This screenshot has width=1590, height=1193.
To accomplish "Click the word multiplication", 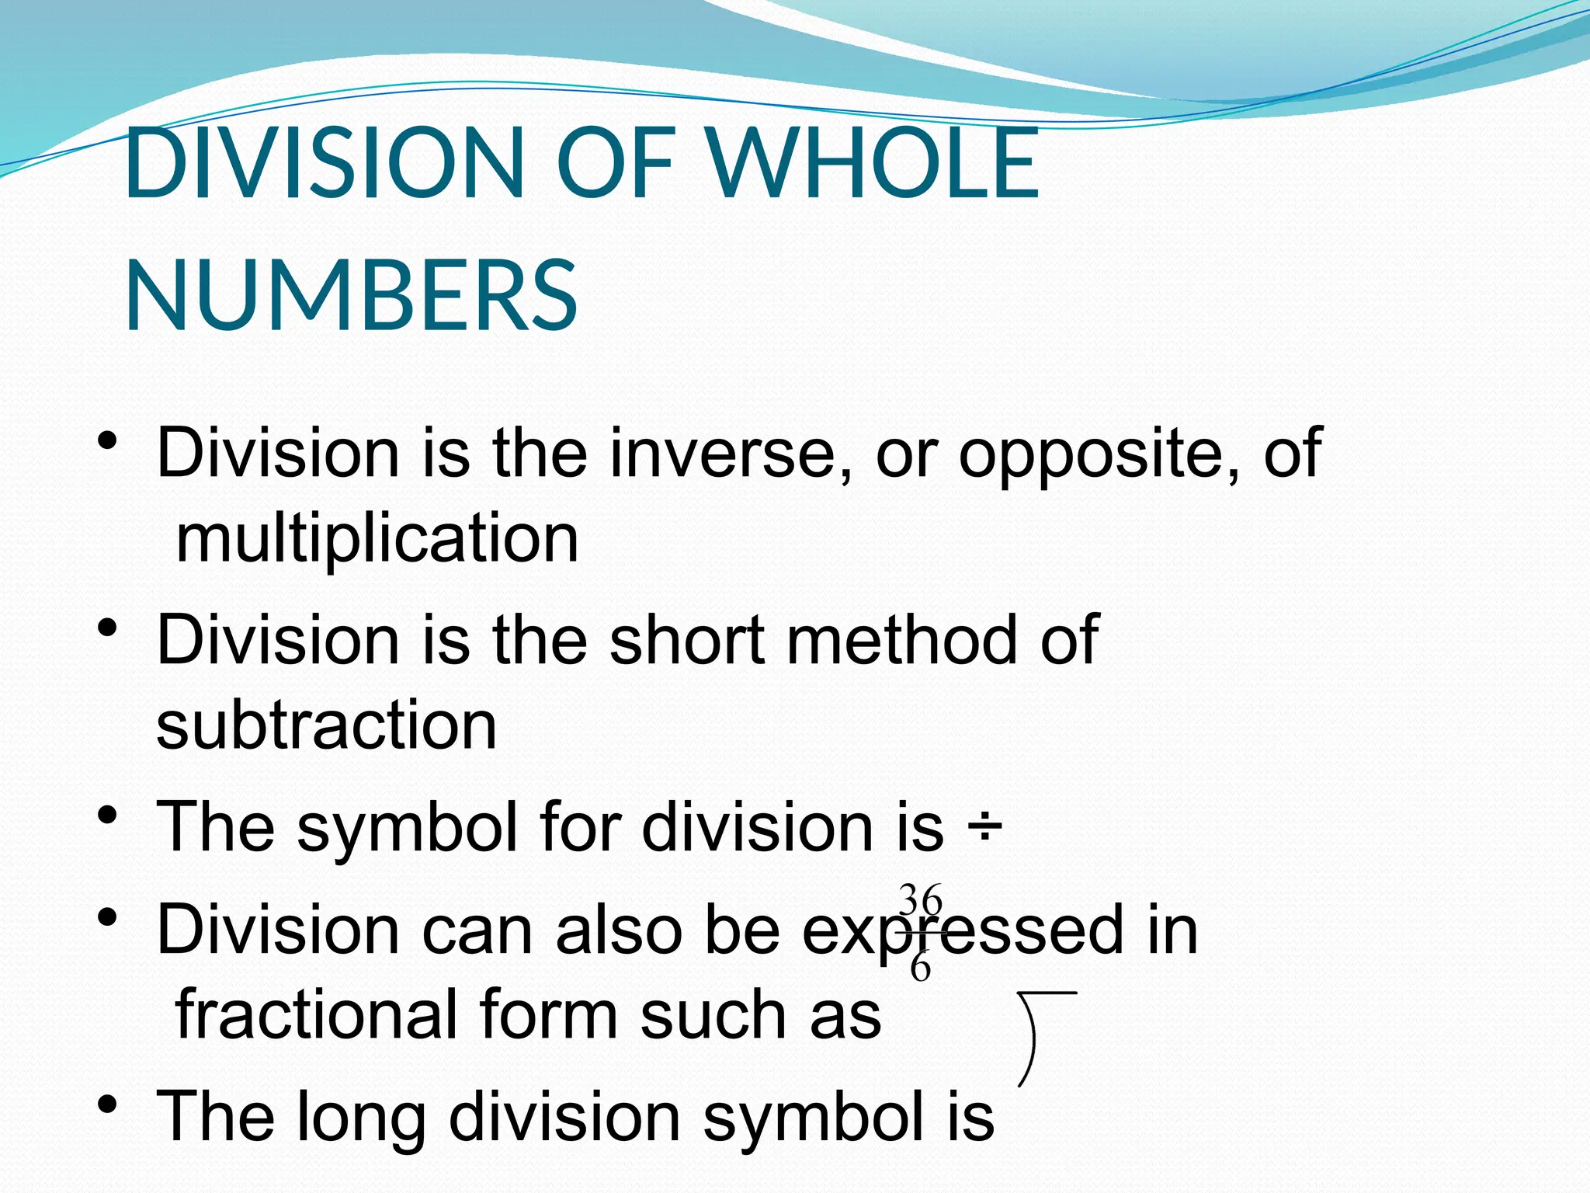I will [377, 539].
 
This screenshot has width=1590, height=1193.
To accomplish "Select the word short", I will [688, 640].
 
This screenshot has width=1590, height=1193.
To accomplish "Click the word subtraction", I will [326, 725].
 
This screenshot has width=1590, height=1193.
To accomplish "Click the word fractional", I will [317, 1014].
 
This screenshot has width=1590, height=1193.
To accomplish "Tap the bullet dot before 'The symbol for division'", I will [108, 815].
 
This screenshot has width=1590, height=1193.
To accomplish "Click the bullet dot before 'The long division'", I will [108, 1104].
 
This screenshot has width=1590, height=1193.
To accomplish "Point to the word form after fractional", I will [549, 1014].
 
